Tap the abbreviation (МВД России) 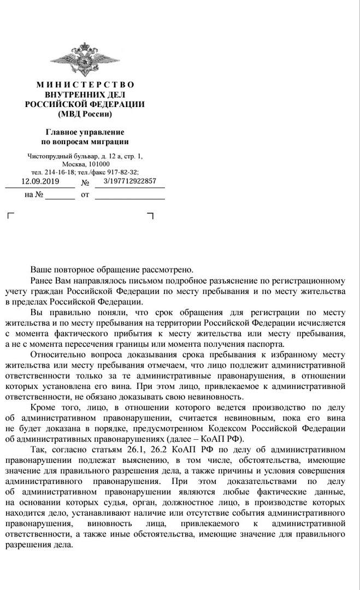click(x=85, y=114)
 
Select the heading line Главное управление click(x=85, y=132)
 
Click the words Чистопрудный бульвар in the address click(x=60, y=156)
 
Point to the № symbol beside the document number click(x=85, y=183)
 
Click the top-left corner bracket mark click(x=9, y=216)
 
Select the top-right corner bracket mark click(x=151, y=216)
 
